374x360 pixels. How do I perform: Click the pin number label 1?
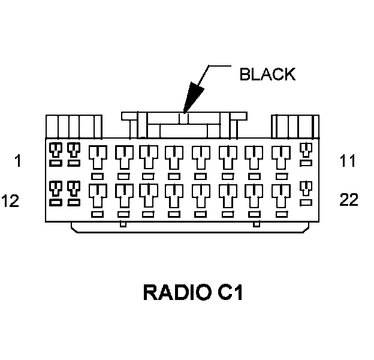(x=18, y=161)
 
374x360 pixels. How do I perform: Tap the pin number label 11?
(x=347, y=161)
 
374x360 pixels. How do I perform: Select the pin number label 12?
(x=10, y=200)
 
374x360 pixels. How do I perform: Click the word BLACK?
(x=267, y=74)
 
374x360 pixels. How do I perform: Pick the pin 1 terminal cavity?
(x=55, y=149)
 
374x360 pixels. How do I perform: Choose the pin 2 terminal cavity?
(x=74, y=149)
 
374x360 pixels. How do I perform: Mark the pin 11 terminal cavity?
(x=306, y=149)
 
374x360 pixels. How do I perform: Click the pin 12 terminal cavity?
(x=55, y=188)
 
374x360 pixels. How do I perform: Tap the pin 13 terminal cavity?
(x=74, y=188)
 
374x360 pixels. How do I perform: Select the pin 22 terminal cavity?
(x=306, y=188)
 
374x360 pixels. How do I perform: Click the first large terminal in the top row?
(x=97, y=158)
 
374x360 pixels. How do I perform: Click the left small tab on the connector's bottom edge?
(x=123, y=225)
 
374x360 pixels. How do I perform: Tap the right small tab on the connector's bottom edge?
(x=257, y=225)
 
